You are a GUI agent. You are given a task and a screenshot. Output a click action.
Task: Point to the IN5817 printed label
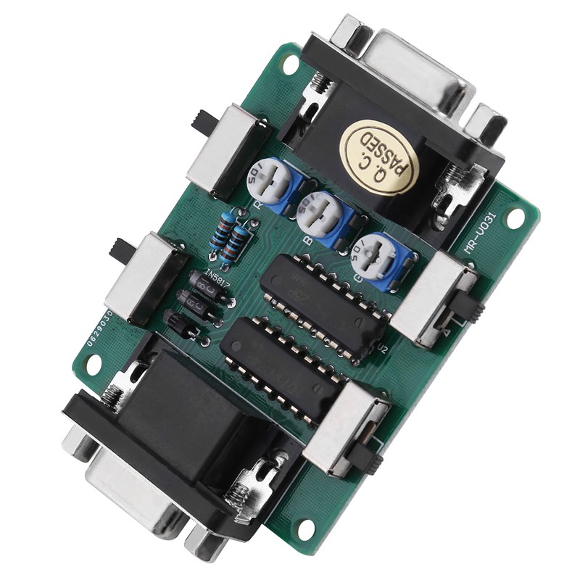(217, 278)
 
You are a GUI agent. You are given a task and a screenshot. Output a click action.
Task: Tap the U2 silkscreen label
(384, 351)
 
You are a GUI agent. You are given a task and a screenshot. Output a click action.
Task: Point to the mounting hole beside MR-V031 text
(515, 217)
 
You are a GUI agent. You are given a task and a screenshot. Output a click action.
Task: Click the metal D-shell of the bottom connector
(138, 493)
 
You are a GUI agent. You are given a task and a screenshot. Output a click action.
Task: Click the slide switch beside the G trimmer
(435, 297)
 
